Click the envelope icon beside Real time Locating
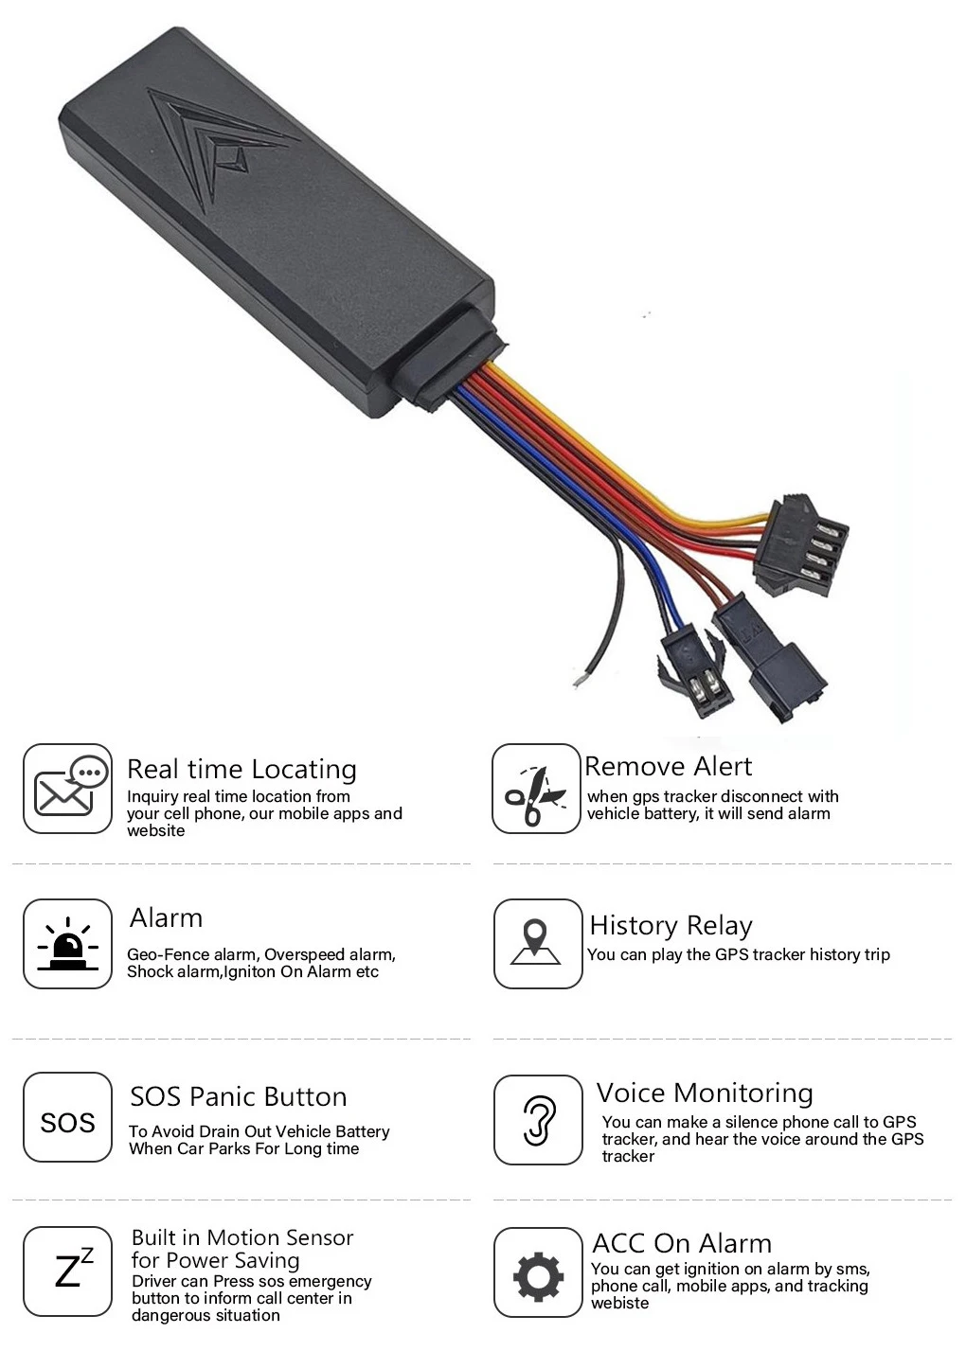[x=67, y=788]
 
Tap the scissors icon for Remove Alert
[x=535, y=789]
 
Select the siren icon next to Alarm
[x=67, y=944]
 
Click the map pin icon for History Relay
[x=537, y=944]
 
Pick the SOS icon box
[x=67, y=1122]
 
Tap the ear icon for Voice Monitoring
[x=538, y=1120]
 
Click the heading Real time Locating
[x=241, y=769]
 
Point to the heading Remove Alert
[x=668, y=766]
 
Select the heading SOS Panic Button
[x=238, y=1096]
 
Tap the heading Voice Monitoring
[x=705, y=1093]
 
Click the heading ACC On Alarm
[x=681, y=1243]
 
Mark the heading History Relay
[x=671, y=925]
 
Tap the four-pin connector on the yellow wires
[x=800, y=546]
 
